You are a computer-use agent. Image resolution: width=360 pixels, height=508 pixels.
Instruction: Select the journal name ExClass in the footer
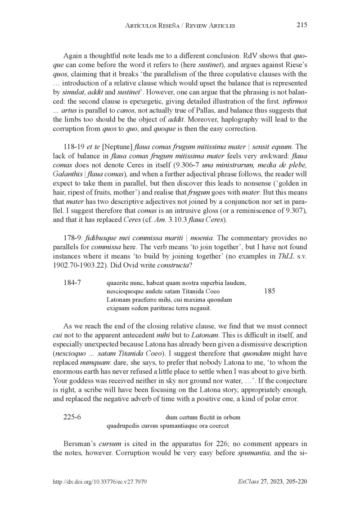point(247,481)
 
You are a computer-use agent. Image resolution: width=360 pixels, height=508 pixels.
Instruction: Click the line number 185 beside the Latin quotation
point(270,291)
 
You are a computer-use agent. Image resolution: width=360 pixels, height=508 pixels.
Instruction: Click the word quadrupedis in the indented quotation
point(121,425)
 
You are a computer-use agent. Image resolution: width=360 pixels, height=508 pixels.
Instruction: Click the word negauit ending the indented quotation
point(202,309)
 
